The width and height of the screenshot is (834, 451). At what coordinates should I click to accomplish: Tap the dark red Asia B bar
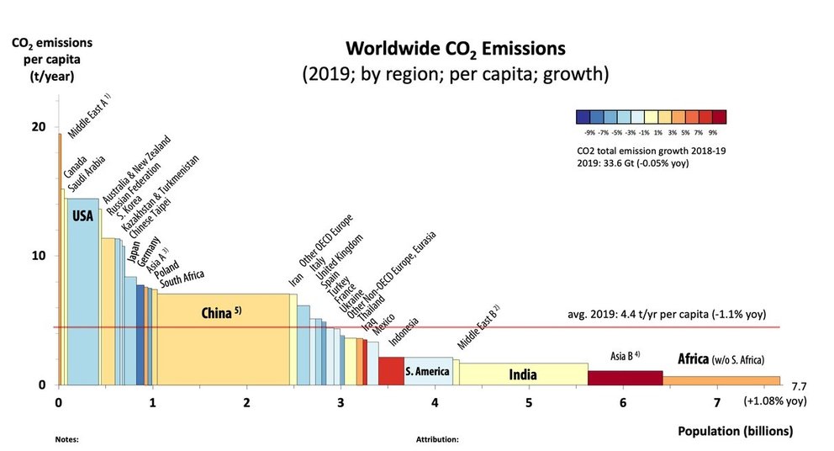[625, 378]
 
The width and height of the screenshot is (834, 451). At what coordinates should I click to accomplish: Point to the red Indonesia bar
[391, 371]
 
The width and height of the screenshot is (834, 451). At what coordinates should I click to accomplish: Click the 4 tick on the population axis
[435, 402]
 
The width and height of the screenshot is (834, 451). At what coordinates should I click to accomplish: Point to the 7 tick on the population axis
[716, 402]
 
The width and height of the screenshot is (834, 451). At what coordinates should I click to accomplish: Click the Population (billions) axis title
[735, 432]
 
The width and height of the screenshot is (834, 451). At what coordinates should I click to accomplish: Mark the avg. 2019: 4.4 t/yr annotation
[667, 316]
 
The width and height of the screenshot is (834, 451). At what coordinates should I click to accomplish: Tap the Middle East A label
[90, 117]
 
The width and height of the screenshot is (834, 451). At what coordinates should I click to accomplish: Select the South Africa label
[182, 279]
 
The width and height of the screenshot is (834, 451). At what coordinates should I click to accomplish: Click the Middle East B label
[478, 328]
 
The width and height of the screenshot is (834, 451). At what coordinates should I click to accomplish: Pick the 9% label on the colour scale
[713, 132]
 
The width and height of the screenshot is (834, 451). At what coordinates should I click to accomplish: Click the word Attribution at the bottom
[437, 439]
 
